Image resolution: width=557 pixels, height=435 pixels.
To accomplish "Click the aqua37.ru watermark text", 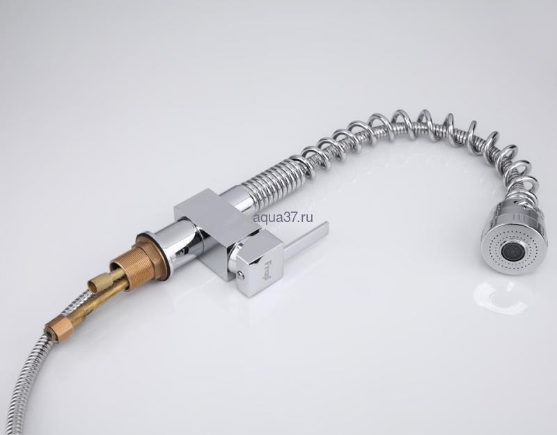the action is (283, 217).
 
